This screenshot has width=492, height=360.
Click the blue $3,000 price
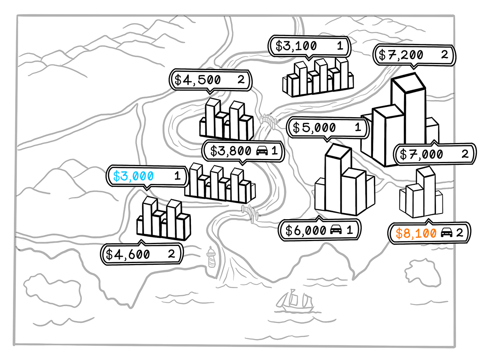click(x=133, y=176)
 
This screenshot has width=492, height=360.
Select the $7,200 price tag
click(x=413, y=55)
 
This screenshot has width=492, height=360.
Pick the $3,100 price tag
click(x=309, y=46)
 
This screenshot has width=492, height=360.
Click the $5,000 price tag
click(x=327, y=127)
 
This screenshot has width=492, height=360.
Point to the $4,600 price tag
click(x=141, y=254)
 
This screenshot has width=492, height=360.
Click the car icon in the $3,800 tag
click(x=262, y=151)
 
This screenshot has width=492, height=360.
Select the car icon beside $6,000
click(x=336, y=230)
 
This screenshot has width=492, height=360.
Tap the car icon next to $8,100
click(x=447, y=233)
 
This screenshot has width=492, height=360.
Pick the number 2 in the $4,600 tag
click(x=171, y=254)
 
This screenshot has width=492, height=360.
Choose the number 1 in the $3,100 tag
click(x=340, y=46)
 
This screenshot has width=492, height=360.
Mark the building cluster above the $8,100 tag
click(x=421, y=194)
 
